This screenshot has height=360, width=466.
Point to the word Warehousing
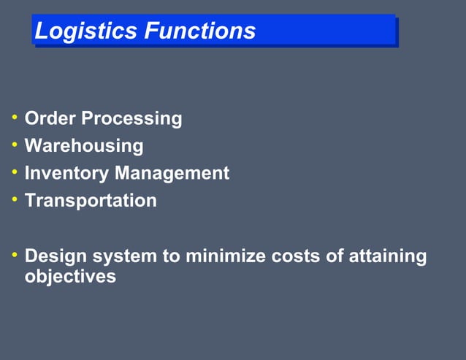click(84, 146)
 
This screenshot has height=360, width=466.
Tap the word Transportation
click(91, 201)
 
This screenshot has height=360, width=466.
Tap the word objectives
click(70, 277)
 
